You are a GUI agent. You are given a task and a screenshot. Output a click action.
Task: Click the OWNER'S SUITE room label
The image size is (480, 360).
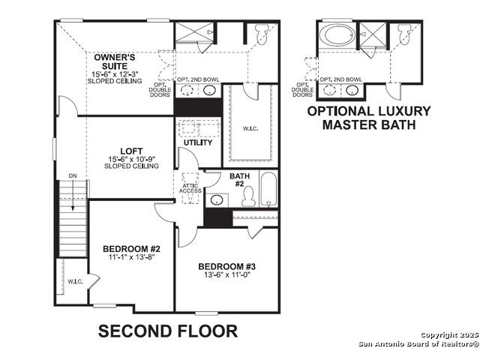point(115,61)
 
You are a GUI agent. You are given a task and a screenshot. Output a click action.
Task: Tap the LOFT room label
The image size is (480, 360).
point(131,151)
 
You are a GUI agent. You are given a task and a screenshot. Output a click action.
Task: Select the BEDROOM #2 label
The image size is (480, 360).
point(131,248)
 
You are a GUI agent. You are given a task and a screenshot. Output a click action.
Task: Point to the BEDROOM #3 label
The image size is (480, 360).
point(226,266)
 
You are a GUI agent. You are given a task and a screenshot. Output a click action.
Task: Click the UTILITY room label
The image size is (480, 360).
point(198,142)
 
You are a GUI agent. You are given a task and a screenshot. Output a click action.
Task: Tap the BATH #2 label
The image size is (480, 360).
point(239,180)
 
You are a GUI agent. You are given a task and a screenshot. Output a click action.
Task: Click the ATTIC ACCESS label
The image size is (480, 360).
point(190,188)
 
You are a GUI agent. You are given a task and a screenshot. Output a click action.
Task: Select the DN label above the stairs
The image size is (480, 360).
point(73,176)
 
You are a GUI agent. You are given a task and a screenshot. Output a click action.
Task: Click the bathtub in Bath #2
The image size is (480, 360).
point(268,189)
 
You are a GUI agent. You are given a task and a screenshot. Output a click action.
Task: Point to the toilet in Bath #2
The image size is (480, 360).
point(248,196)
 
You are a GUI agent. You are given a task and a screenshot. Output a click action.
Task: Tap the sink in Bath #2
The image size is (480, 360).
point(217,200)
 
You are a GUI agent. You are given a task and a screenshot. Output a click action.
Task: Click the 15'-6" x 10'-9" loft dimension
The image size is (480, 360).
point(132,159)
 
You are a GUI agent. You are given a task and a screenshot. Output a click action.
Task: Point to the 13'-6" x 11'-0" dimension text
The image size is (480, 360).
point(227,274)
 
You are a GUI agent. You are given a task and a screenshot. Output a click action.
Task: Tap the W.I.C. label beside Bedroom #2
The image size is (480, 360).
point(75,281)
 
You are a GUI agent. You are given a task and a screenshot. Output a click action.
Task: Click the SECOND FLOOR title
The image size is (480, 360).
point(168,331)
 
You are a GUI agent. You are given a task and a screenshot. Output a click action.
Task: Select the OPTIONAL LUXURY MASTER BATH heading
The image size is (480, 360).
point(369,118)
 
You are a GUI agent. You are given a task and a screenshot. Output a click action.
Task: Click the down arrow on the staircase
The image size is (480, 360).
point(73,195)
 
